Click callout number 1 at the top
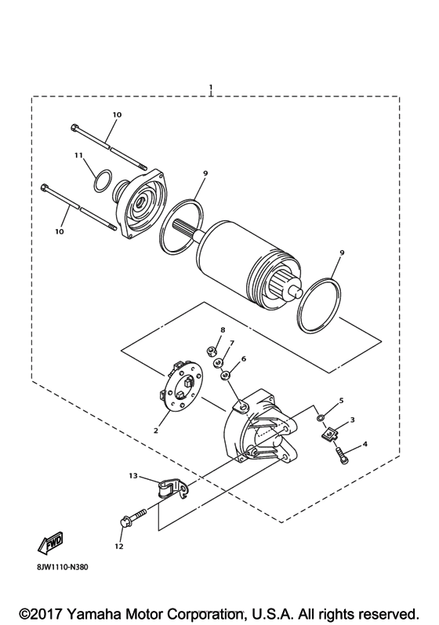pos(210,85)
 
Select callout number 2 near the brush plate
pos(156,431)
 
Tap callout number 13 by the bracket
pos(132,475)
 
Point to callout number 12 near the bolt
pos(120,546)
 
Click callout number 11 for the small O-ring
pos(78,155)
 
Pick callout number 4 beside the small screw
pos(365,445)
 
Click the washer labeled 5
pos(322,416)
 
